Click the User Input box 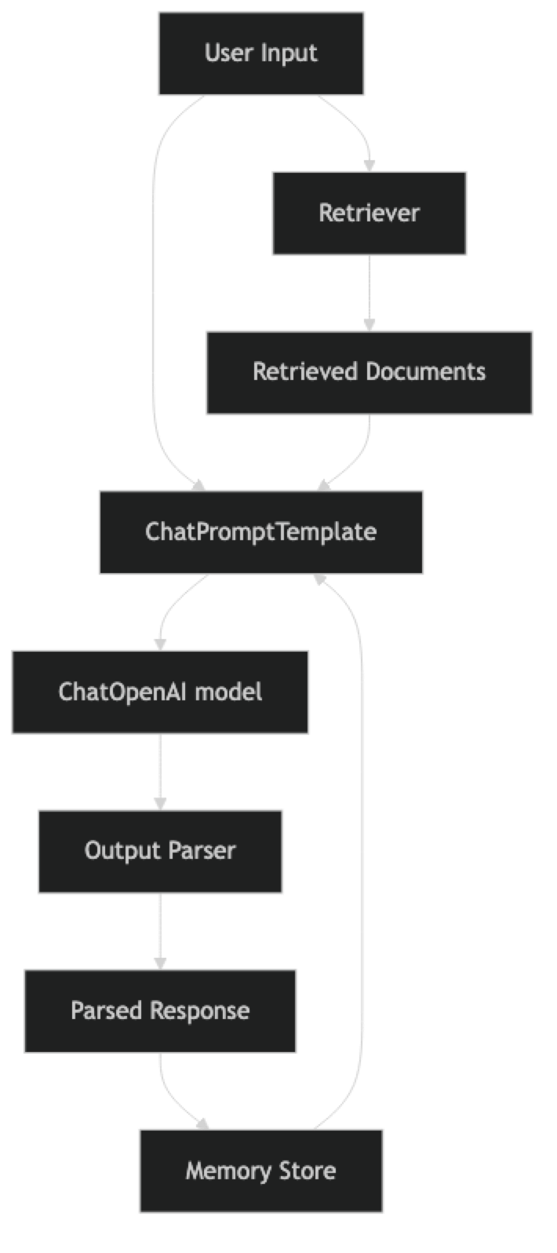pos(261,53)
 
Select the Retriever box pos(369,213)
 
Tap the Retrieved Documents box pos(369,372)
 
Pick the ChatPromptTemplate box pos(260,532)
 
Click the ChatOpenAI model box pos(160,692)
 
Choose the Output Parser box pos(160,851)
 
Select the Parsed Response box pos(160,1010)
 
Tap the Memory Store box pos(260,1171)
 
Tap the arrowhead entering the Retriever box pos(369,164)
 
